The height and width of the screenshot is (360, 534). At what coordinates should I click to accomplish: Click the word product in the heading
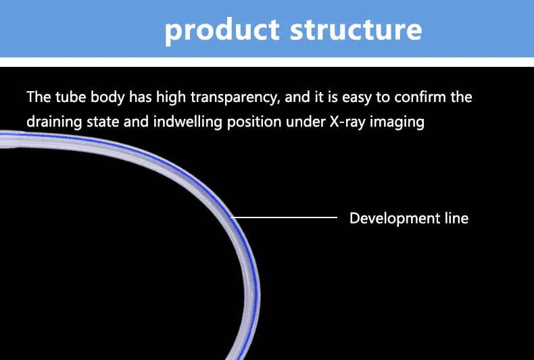tap(222, 30)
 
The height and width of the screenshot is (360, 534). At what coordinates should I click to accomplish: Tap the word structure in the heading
tap(356, 30)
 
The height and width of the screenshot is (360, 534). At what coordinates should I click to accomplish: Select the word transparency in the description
tap(235, 97)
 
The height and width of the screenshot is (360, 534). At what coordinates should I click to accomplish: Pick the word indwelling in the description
tap(188, 122)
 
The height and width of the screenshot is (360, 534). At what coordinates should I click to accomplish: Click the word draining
tap(54, 122)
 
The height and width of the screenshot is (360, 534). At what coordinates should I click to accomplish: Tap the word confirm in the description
tap(420, 97)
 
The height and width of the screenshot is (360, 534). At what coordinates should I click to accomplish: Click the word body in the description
tap(107, 97)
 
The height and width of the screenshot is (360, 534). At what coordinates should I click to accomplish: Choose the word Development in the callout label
tap(395, 218)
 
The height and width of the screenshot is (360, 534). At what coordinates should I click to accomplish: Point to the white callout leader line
tap(284, 217)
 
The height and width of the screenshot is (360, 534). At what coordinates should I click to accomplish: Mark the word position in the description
tap(254, 122)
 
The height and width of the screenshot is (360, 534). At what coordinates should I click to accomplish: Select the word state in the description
tap(103, 122)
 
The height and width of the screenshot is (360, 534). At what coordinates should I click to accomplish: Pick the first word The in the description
tap(39, 97)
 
